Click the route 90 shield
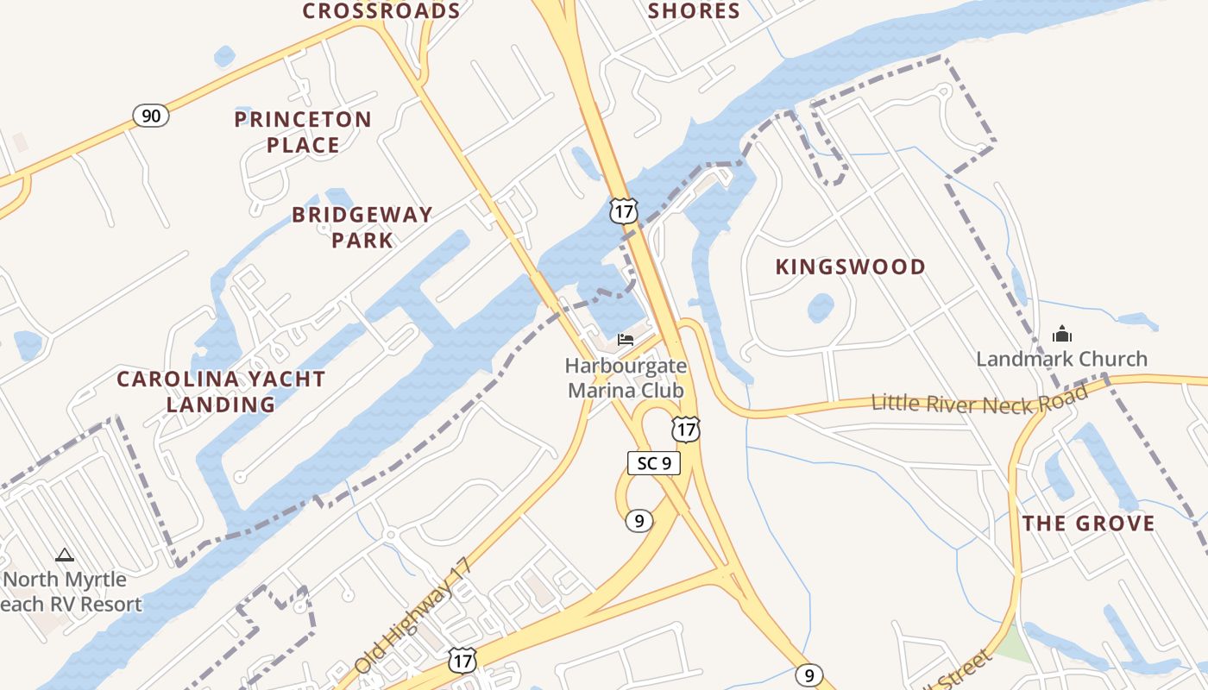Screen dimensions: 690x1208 tap(151, 116)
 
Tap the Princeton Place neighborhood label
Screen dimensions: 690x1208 tap(303, 132)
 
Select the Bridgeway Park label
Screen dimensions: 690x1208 tap(362, 227)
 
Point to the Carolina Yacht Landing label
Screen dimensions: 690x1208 tap(221, 392)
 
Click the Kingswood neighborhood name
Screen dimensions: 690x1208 tap(850, 267)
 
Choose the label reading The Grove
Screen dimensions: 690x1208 tap(1088, 524)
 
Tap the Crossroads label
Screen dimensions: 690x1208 tap(381, 11)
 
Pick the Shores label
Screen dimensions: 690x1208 tap(694, 11)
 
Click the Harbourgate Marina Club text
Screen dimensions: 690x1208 tap(626, 378)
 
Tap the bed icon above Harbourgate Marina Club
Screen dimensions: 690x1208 tap(626, 339)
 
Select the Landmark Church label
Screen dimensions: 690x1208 tap(1061, 359)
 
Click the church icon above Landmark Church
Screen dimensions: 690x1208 tap(1061, 334)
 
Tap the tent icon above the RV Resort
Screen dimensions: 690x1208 tap(65, 555)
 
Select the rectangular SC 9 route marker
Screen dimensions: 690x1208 tap(653, 463)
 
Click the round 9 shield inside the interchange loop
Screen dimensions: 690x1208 tap(638, 520)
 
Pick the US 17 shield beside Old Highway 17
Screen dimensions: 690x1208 tap(462, 661)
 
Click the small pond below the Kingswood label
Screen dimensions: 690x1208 tap(820, 307)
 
